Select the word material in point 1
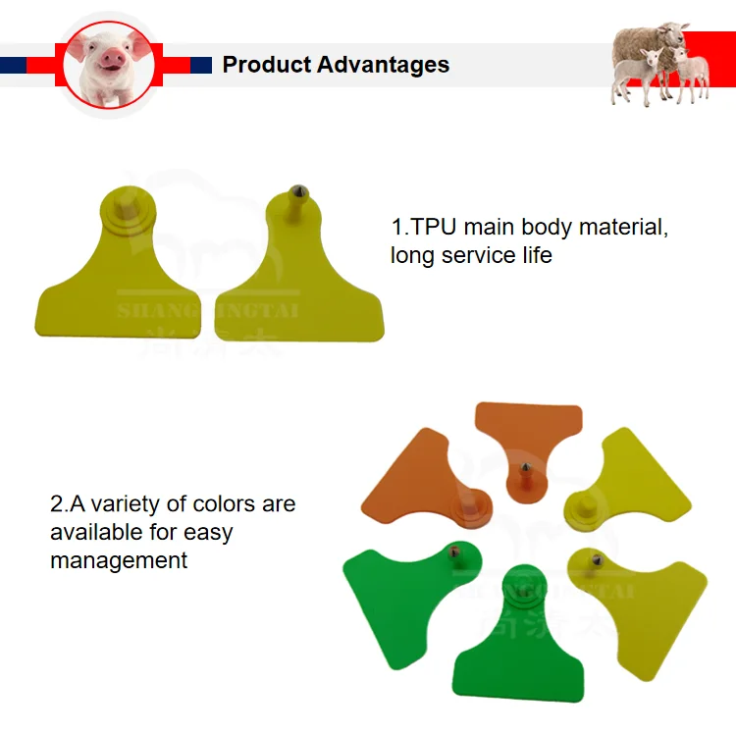[x=625, y=228]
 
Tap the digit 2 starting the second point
[x=56, y=504]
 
